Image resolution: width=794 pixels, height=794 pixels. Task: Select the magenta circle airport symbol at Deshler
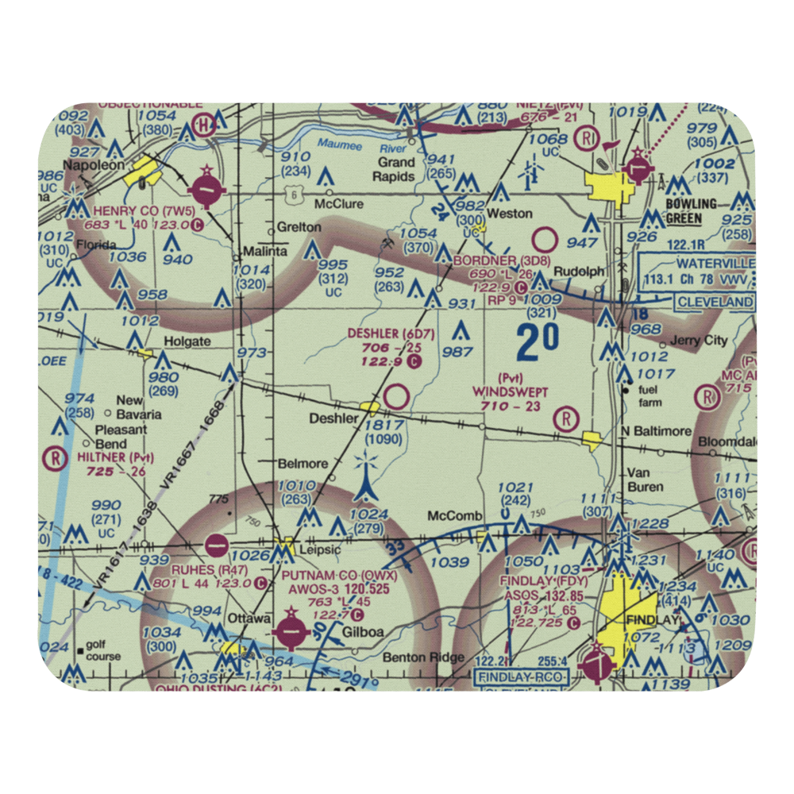pos(397,396)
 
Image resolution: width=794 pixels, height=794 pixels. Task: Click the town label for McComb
pos(455,516)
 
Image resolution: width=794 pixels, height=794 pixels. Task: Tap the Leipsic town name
pos(318,549)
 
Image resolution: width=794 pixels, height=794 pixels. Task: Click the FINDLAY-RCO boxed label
pos(520,677)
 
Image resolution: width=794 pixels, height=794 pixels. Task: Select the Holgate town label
pos(187,342)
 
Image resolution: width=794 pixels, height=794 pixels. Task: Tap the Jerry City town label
pos(698,340)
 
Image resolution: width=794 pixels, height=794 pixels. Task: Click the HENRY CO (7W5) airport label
pos(143,210)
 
